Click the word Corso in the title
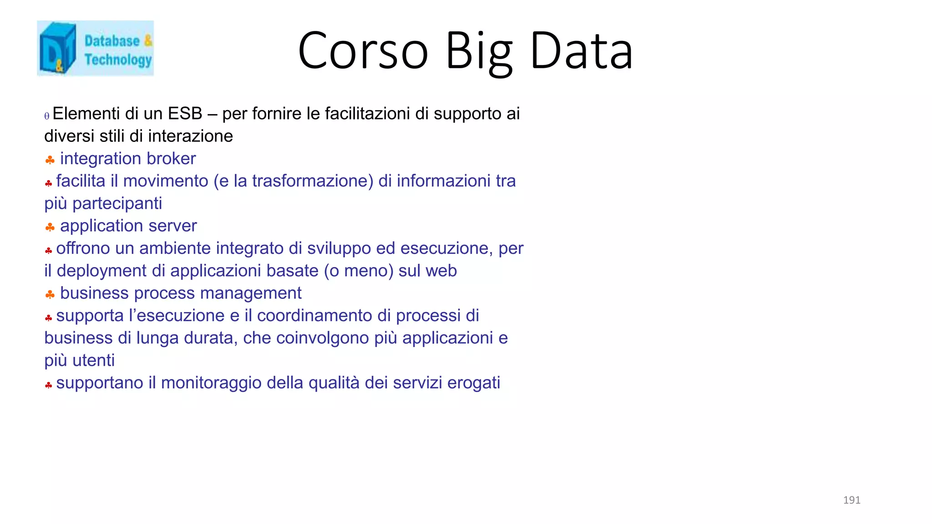tap(363, 51)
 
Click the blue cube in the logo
tap(57, 48)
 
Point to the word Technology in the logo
tap(118, 60)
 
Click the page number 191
tap(851, 500)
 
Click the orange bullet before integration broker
tap(50, 160)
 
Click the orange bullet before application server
tap(50, 227)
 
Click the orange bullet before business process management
tap(50, 294)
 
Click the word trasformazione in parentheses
tap(309, 181)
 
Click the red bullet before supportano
tap(49, 385)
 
